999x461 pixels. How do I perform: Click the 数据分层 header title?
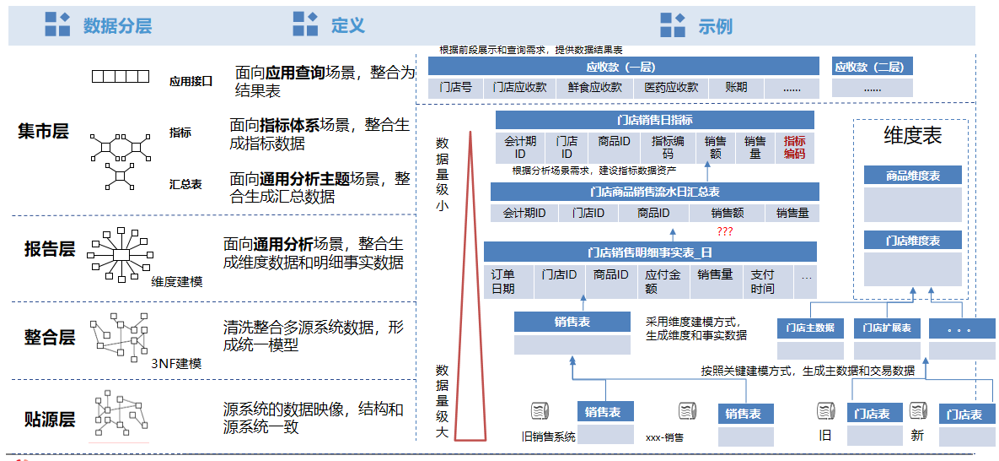pos(117,26)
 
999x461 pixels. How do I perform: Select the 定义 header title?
pos(348,26)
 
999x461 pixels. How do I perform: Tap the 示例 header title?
pos(715,26)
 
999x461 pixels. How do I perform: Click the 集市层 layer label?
pos(43,132)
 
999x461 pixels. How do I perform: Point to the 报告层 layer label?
pos(50,249)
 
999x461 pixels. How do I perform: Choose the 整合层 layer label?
pos(50,338)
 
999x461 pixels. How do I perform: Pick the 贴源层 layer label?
pos(50,420)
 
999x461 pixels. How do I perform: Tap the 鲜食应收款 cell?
pos(594,88)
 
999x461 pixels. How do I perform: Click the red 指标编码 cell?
pos(794,148)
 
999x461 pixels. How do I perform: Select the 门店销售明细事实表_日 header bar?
pos(650,252)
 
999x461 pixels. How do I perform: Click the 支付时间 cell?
pos(762,282)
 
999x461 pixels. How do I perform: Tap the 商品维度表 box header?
pos(912,176)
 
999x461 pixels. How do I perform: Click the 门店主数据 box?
pos(810,328)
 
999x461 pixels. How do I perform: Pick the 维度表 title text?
pos(912,136)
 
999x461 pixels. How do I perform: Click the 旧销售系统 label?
pos(548,437)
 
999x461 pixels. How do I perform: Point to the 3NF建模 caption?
pos(176,364)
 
